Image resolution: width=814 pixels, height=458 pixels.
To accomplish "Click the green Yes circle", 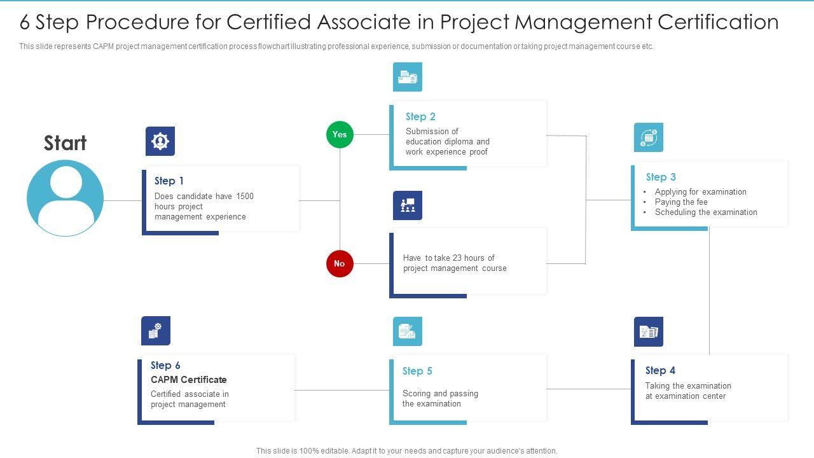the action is pyautogui.click(x=340, y=134).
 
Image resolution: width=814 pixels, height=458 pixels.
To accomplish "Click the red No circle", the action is pyautogui.click(x=340, y=263).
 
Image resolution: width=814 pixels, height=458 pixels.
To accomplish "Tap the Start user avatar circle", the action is pyautogui.click(x=65, y=198).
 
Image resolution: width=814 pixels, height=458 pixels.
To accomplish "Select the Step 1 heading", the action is pyautogui.click(x=169, y=181).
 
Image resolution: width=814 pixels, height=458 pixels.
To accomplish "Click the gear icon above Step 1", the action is pyautogui.click(x=160, y=141).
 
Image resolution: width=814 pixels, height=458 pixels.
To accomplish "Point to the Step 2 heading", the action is pyautogui.click(x=420, y=116).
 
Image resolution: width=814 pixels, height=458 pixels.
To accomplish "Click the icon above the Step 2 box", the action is pyautogui.click(x=408, y=77).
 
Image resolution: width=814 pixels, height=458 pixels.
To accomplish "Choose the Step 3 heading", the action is pyautogui.click(x=661, y=177).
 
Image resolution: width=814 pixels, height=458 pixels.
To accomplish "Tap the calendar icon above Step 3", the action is pyautogui.click(x=649, y=137).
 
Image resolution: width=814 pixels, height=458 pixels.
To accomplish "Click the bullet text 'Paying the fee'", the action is pyautogui.click(x=681, y=202).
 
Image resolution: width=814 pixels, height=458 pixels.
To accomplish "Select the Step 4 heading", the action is pyautogui.click(x=660, y=370).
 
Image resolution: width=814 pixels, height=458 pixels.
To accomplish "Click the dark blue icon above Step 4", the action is pyautogui.click(x=649, y=331).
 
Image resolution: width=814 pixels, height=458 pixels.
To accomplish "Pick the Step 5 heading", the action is pyautogui.click(x=417, y=371).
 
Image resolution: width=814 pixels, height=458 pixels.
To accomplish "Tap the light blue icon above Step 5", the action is pyautogui.click(x=408, y=331).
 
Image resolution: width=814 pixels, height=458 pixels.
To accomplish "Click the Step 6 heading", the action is pyautogui.click(x=165, y=365).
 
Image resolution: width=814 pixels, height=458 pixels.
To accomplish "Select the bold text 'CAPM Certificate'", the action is pyautogui.click(x=189, y=380).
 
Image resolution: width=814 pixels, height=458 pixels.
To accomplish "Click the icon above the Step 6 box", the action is pyautogui.click(x=156, y=331).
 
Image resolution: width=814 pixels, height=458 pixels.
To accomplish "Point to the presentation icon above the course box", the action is pyautogui.click(x=408, y=205).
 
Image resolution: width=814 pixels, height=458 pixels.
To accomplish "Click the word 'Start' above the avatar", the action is pyautogui.click(x=65, y=143).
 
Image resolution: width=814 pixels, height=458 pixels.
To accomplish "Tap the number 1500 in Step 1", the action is pyautogui.click(x=245, y=196).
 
